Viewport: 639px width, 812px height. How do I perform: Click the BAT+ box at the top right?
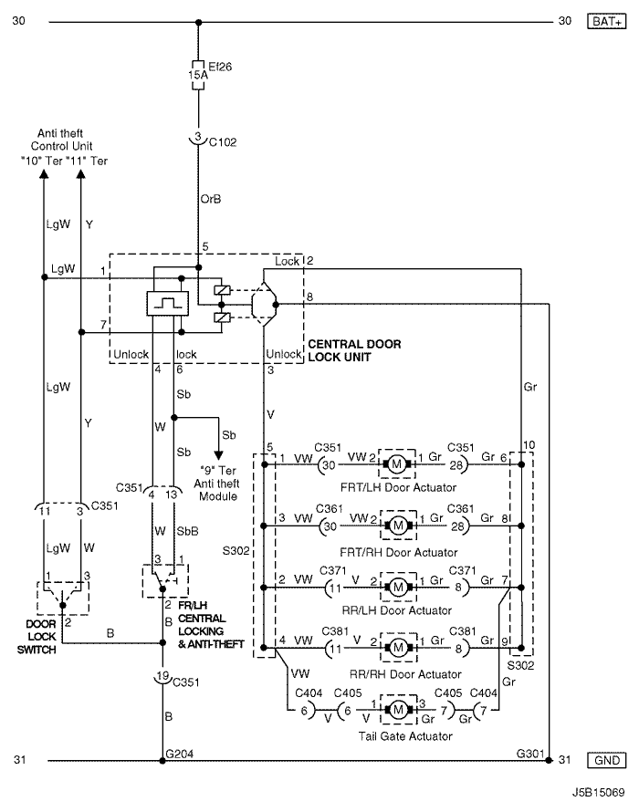(606, 21)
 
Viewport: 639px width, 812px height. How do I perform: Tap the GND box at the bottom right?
(606, 760)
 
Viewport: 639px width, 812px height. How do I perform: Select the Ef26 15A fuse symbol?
(198, 75)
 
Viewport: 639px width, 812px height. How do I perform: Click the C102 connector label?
(223, 142)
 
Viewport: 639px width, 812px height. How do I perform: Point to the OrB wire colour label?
(210, 199)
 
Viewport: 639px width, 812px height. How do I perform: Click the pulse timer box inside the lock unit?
(167, 304)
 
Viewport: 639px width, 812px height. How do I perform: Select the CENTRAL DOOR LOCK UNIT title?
(354, 350)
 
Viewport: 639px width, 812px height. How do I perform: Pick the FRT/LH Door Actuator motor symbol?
(397, 464)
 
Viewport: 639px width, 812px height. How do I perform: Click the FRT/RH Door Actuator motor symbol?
(398, 526)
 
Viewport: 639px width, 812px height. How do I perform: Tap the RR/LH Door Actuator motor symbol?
(398, 588)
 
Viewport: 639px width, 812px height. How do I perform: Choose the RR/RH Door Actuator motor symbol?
(398, 648)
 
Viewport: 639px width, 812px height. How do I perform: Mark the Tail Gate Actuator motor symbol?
(398, 710)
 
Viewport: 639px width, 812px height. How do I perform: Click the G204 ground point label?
(179, 754)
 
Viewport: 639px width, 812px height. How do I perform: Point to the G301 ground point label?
(530, 754)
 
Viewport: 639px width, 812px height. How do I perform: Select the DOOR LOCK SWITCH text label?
(37, 637)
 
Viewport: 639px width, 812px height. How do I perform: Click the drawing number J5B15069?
(599, 792)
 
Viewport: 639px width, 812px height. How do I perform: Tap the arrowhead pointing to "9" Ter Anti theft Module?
(219, 455)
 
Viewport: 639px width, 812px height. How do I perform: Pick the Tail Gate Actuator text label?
(405, 736)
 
